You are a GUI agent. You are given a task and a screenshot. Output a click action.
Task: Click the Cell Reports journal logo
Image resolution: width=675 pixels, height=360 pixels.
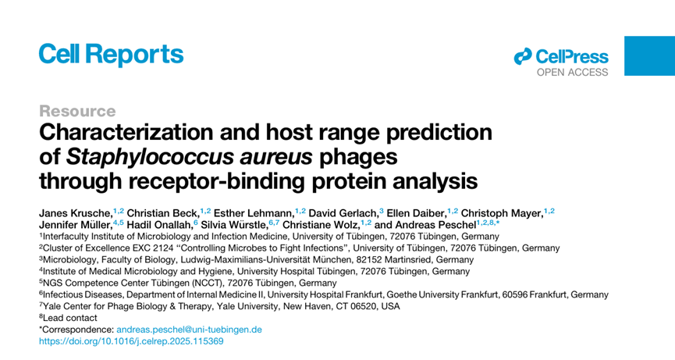coord(111,55)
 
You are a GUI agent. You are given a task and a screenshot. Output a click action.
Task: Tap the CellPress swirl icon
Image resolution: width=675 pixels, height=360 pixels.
coord(523,56)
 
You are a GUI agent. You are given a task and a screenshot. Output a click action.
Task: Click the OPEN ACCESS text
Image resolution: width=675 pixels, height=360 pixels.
coord(572,73)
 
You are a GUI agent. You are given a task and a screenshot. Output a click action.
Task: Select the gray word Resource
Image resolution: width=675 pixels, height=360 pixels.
coord(77,111)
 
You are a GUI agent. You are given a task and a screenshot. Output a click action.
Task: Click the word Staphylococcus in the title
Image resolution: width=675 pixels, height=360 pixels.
coord(149,157)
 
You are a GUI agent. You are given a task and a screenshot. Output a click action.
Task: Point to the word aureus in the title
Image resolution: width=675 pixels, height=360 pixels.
coord(276,157)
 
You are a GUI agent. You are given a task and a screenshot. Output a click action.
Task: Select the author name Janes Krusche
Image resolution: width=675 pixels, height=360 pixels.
coord(76,213)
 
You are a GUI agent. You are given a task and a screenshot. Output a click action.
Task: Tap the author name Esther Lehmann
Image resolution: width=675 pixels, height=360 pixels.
coord(254,213)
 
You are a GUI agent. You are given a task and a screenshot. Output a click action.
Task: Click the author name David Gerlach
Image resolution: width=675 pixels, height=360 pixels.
coord(343,213)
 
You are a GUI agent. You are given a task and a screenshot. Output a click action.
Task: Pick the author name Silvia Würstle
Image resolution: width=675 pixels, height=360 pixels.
coord(234,225)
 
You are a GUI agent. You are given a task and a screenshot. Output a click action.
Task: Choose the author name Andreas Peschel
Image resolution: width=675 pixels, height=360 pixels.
coord(435,225)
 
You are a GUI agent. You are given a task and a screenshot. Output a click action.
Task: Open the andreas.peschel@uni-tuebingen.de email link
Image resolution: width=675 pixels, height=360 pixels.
coord(189,330)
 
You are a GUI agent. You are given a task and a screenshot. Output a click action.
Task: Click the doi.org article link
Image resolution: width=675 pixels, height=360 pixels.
coord(131,341)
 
